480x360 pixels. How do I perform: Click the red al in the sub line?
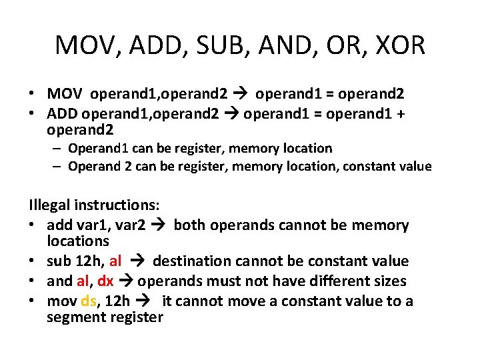pyautogui.click(x=115, y=261)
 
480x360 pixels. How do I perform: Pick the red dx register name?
pyautogui.click(x=105, y=281)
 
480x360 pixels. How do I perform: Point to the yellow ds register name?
pyautogui.click(x=89, y=301)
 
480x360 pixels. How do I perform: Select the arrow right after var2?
pyautogui.click(x=160, y=225)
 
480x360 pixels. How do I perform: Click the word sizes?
pyautogui.click(x=387, y=281)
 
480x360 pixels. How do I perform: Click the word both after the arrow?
pyautogui.click(x=189, y=225)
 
